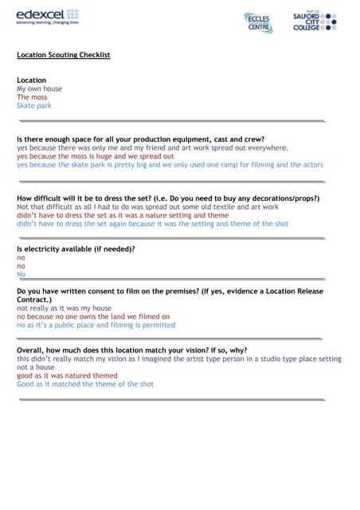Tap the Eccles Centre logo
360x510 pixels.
[258, 22]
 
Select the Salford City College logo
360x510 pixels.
[314, 21]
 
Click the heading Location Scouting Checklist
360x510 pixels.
[64, 55]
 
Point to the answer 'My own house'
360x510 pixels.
[39, 88]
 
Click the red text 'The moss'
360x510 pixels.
[32, 97]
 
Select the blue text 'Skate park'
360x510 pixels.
[34, 105]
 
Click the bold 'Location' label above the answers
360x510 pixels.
[32, 80]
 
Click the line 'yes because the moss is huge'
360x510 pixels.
[96, 156]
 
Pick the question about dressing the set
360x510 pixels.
[167, 198]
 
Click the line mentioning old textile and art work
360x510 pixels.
[147, 206]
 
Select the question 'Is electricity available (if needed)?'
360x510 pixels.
[76, 249]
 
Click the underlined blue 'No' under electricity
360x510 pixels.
[21, 274]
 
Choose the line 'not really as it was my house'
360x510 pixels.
[65, 308]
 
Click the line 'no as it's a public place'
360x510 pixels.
[96, 325]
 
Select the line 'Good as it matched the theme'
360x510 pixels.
[85, 384]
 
